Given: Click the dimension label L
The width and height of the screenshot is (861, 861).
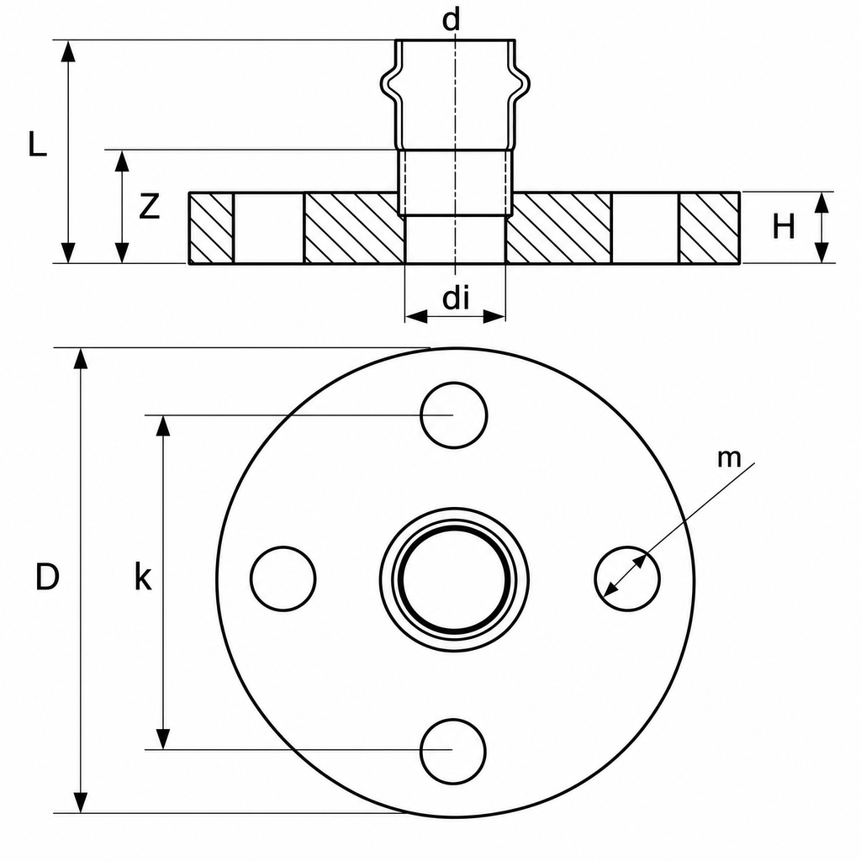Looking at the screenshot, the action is coord(37,145).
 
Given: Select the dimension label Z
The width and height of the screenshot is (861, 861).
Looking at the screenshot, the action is coord(149,207).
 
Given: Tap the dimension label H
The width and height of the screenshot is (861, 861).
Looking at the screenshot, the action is coord(784,226).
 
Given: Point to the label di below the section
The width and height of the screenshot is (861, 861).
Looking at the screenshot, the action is coord(456,298).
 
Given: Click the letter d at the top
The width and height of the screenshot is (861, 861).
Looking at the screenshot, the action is coord(451,20).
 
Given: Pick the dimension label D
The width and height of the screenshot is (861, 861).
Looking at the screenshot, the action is coord(47,577).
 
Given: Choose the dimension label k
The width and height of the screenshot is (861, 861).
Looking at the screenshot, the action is coord(143,577).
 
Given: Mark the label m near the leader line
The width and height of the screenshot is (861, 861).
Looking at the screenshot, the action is coord(729,458).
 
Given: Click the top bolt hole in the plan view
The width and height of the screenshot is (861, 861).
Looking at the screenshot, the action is coord(453,415).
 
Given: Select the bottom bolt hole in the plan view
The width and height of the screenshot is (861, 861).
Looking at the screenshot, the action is coord(453,751).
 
